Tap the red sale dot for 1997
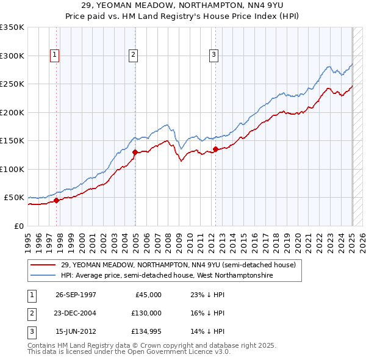pyautogui.click(x=57, y=200)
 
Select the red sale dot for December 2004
pyautogui.click(x=135, y=151)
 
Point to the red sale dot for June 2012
pyautogui.click(x=215, y=148)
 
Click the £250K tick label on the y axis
pyautogui.click(x=12, y=84)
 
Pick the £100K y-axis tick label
pyautogui.click(x=12, y=169)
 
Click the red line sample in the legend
pyautogui.click(x=43, y=265)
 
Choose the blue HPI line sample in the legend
pyautogui.click(x=43, y=275)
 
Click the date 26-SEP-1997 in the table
pyautogui.click(x=76, y=295)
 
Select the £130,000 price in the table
pyautogui.click(x=147, y=313)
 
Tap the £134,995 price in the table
pyautogui.click(x=147, y=331)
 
